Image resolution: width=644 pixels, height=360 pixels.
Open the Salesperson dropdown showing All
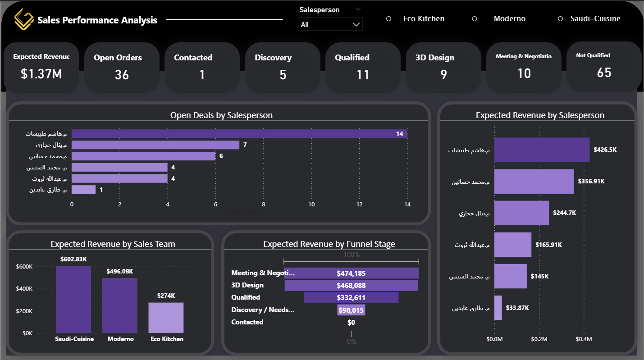[330, 24]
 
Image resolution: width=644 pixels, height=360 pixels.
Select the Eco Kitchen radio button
[389, 19]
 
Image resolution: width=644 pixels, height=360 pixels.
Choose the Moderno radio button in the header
[474, 19]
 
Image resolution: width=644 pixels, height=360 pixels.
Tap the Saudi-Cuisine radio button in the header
[561, 19]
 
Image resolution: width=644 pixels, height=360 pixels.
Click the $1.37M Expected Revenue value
[41, 74]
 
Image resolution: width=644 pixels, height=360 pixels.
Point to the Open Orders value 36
[122, 75]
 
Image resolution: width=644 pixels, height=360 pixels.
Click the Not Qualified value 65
[604, 73]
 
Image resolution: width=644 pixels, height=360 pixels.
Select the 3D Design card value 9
[443, 75]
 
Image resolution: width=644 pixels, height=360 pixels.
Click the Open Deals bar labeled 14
[239, 134]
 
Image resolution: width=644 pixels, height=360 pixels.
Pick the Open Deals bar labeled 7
[155, 145]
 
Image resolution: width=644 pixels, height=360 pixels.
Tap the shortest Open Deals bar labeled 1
[84, 190]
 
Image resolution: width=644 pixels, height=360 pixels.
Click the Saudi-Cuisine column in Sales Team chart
[73, 300]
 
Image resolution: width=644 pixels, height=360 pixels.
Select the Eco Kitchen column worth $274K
[166, 318]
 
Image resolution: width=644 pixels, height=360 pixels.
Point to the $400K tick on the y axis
[24, 289]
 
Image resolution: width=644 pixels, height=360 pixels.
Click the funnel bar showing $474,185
[351, 273]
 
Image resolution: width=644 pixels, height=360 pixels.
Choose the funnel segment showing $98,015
[351, 310]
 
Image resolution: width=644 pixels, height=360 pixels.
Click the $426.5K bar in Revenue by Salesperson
[542, 150]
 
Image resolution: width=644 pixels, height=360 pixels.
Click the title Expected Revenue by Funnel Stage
[329, 244]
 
